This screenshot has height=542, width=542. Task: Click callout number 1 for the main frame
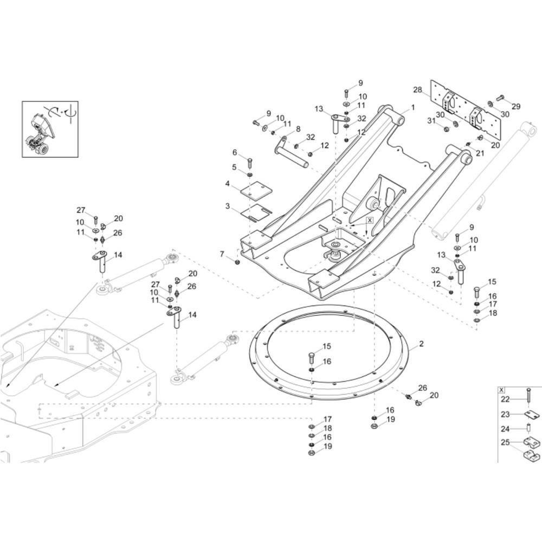tap(412, 108)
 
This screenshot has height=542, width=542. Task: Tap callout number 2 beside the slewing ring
tap(421, 344)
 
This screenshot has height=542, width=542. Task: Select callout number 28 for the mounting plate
tap(417, 90)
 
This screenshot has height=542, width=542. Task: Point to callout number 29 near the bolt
tap(516, 106)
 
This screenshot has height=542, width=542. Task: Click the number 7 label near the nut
tap(222, 254)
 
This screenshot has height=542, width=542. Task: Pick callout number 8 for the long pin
tap(298, 130)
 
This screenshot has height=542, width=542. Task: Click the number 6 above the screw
tap(235, 152)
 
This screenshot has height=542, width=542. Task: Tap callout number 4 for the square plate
tap(228, 184)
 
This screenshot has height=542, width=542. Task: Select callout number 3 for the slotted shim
tap(228, 207)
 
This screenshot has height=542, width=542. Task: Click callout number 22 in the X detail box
tap(505, 399)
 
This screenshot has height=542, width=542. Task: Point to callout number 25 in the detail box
tap(505, 442)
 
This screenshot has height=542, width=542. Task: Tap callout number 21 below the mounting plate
tap(480, 153)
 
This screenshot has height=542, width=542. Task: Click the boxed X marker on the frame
tap(370, 220)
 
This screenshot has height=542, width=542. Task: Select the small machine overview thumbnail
tap(50, 130)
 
